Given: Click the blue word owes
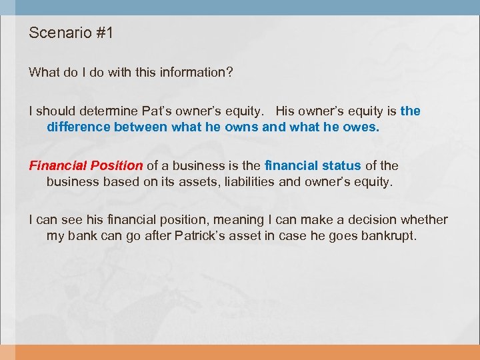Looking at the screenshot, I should tap(361, 127).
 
